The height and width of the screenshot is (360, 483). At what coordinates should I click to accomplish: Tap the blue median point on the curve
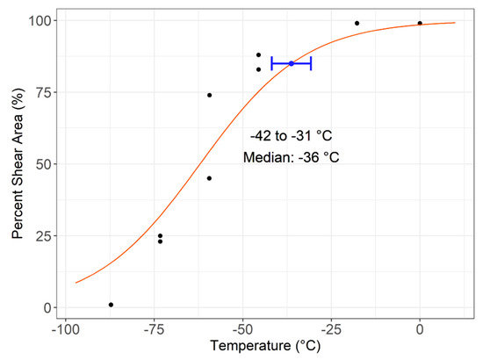click(x=292, y=63)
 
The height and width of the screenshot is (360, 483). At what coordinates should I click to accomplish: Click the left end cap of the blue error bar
click(x=270, y=63)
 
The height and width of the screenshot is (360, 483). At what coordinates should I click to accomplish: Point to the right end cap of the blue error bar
click(x=310, y=63)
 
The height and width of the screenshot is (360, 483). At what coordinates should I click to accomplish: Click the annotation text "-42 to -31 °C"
click(x=291, y=136)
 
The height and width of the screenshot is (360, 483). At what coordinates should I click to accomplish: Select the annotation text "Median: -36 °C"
click(x=291, y=158)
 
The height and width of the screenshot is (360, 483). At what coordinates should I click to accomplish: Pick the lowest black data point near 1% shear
click(x=111, y=305)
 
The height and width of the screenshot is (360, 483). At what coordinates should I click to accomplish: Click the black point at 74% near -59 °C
click(x=209, y=95)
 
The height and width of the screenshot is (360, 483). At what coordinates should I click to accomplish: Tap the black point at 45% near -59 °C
click(x=209, y=178)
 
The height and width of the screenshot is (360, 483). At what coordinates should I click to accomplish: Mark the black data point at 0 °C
click(x=420, y=23)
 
